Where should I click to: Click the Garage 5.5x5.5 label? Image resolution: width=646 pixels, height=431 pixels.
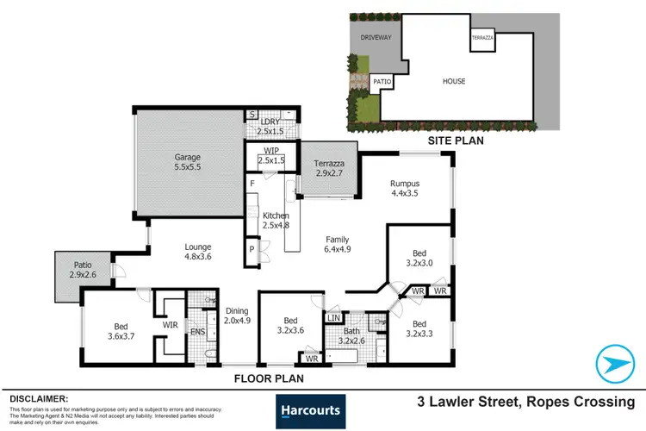coord(187,163)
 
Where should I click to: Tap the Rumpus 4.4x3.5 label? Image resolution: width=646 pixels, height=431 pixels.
coord(404,187)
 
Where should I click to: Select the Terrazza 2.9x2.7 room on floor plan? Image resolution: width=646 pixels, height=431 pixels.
coord(328,167)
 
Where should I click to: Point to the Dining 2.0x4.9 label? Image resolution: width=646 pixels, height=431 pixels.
coord(236,316)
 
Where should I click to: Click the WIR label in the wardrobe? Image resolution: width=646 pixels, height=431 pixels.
coord(171,326)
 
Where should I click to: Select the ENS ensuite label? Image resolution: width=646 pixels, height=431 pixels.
coord(197,330)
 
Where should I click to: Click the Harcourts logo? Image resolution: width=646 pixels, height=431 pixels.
coord(308,411)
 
